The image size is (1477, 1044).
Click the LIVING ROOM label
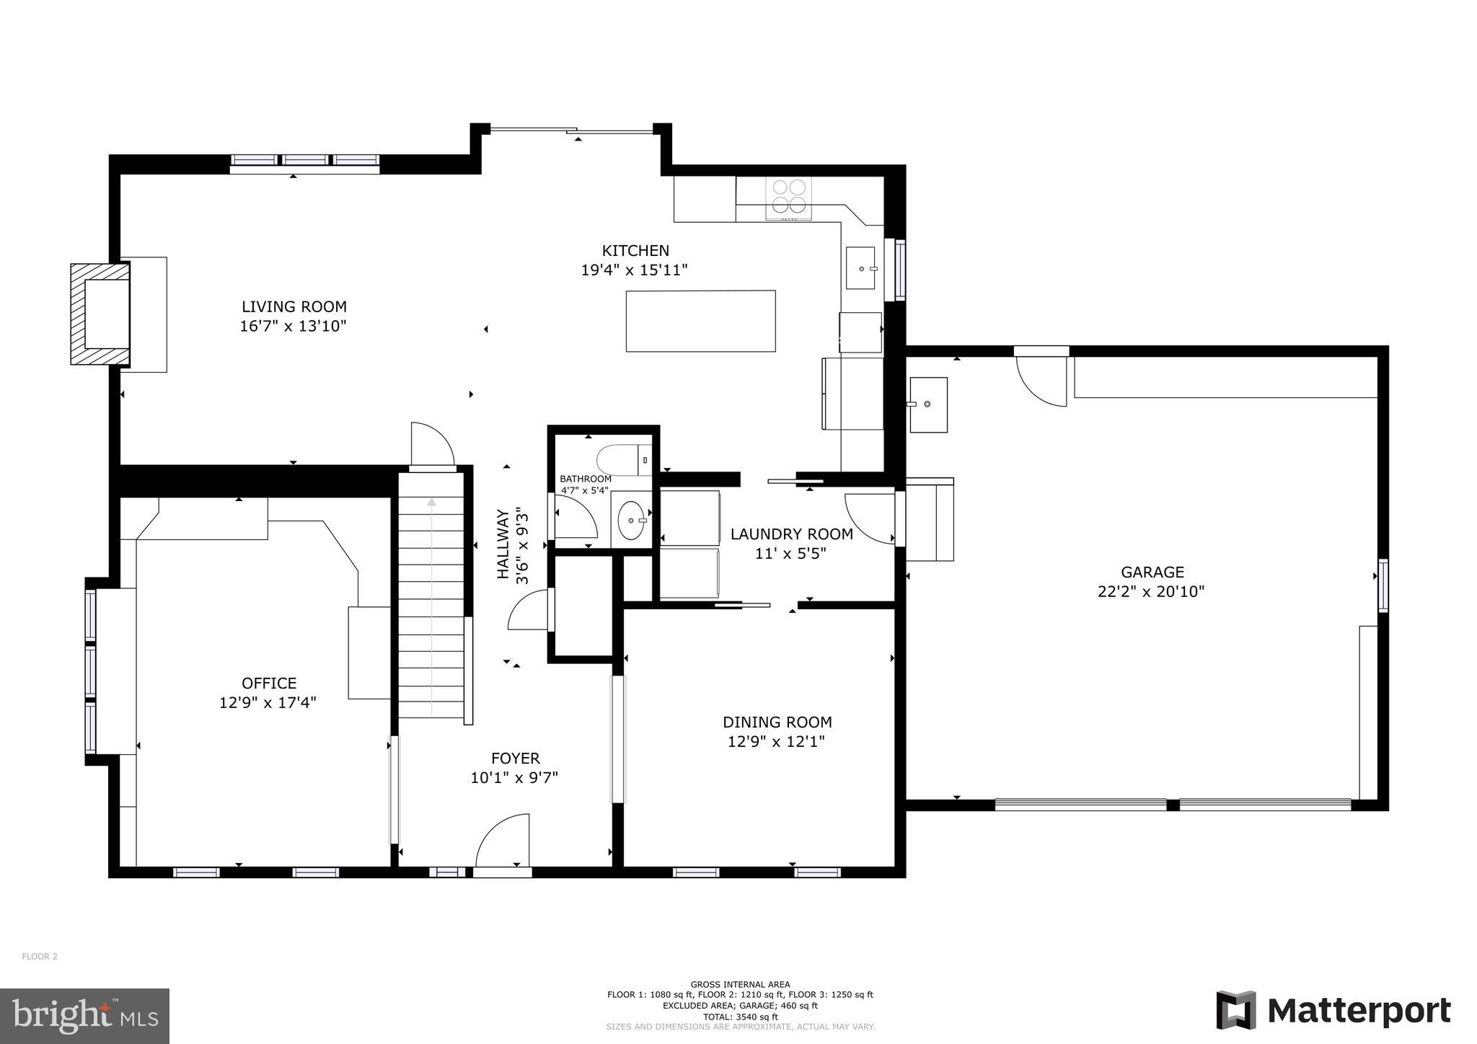(x=294, y=306)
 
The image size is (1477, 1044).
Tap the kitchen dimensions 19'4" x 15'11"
(x=635, y=270)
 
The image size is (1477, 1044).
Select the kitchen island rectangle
(x=700, y=321)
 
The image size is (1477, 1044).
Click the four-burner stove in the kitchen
(x=788, y=196)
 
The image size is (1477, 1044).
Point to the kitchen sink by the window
(x=860, y=267)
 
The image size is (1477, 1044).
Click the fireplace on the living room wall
(x=101, y=314)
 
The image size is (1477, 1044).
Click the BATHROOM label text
(x=585, y=479)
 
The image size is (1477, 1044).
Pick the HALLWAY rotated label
(x=503, y=544)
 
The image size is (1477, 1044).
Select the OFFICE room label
(x=269, y=683)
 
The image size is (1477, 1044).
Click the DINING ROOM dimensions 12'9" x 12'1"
(x=776, y=741)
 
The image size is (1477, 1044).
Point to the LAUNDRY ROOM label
(x=791, y=534)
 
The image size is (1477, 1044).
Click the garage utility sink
(x=927, y=404)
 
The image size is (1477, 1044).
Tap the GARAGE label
(x=1152, y=572)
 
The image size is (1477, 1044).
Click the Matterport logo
(x=1333, y=1011)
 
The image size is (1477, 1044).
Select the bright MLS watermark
(x=84, y=1016)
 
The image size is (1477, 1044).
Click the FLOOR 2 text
(x=40, y=957)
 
